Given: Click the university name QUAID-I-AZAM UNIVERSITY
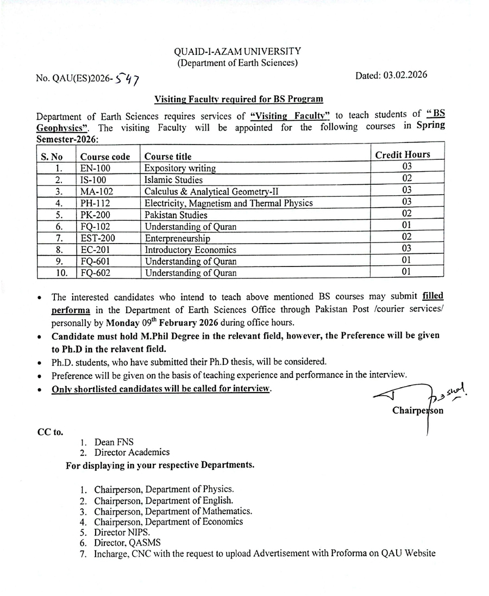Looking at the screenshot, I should coord(237,52).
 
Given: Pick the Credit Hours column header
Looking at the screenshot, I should coord(403,154).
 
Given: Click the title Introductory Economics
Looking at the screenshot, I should coord(190,250).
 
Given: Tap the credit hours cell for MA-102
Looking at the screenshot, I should coord(406,190).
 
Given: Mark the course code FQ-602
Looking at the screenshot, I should coord(96,273).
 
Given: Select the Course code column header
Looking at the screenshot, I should coord(105,157).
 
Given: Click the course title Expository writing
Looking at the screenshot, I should coord(180,168).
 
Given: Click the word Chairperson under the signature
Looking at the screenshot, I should coord(417,411).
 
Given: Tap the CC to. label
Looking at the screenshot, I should coord(49,432).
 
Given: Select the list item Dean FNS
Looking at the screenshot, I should coord(114,443).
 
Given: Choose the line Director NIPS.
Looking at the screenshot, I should coord(122,532).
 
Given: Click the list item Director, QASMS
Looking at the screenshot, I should coord(127,543).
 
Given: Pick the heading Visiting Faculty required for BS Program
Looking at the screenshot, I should coord(239,99).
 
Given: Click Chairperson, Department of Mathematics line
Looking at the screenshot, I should coord(173,511).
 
